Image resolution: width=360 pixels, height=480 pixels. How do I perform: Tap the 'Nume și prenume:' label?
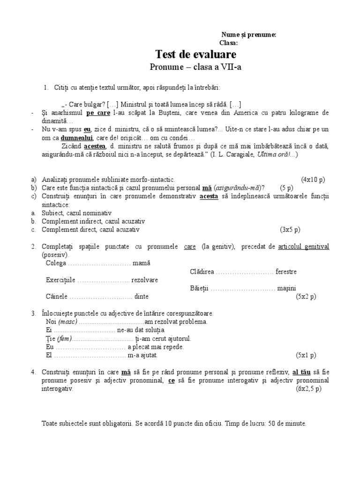coord(248,35)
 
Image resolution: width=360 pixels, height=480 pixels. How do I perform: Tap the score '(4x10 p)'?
coord(313,180)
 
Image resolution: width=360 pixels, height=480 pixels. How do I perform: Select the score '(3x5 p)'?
coord(291,230)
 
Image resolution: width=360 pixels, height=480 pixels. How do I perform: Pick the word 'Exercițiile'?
coord(60,280)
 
